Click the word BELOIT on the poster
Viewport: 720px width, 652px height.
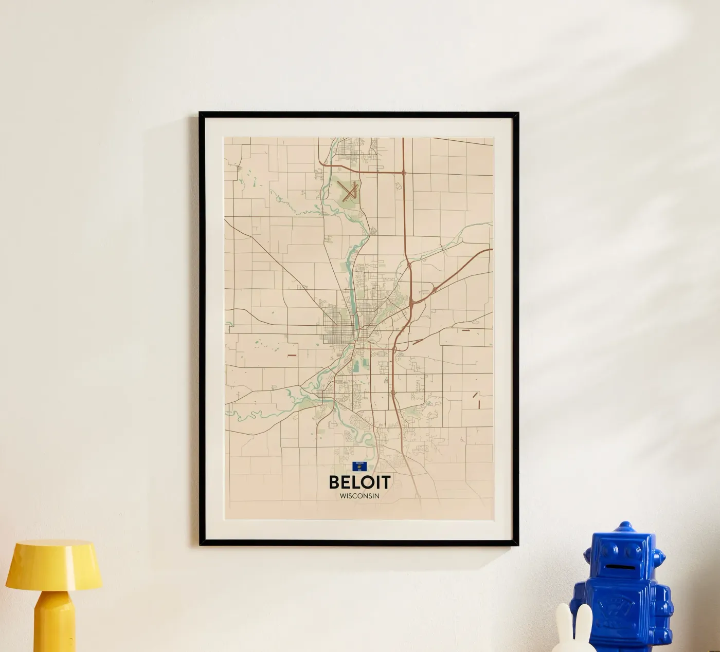359,482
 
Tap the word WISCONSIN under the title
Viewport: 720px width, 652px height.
359,496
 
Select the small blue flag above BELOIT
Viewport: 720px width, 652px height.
359,466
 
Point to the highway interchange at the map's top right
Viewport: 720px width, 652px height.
404,173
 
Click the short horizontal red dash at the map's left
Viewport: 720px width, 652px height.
292,355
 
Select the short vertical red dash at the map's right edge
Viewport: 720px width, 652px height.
478,404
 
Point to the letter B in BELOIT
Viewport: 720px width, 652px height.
334,482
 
